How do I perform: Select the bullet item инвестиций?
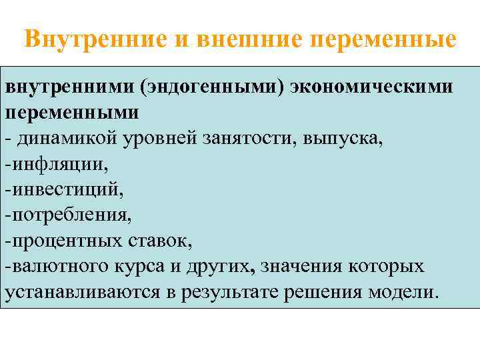pos(64,190)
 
